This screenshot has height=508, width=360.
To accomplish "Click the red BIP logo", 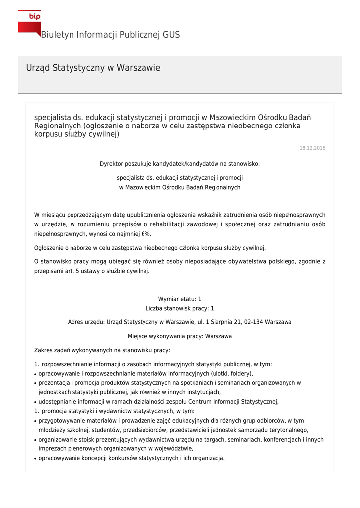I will point(29,22).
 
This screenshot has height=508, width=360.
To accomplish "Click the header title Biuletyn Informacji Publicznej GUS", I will point(110,35).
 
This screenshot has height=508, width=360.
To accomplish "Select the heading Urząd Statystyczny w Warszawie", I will point(93,68).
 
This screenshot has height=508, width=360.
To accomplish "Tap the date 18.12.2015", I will point(312,148).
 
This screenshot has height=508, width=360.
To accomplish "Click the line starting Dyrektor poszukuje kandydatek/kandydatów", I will point(180,164).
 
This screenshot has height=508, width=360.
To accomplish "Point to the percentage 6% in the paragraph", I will point(145,234).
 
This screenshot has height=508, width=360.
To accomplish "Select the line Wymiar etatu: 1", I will point(180,299).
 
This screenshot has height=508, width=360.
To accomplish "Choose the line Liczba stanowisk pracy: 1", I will point(180,308).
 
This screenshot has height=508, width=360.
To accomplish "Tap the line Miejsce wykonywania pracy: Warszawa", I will point(180,336).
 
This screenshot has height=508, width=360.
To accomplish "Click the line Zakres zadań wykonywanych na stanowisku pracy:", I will point(102,350).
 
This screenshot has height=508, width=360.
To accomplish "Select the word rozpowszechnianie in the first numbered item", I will point(66,364).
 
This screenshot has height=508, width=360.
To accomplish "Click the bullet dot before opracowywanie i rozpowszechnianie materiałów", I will point(36,374).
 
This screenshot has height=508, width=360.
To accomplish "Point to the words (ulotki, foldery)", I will point(232,374).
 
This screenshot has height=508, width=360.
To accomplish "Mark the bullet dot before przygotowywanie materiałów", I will point(36,421).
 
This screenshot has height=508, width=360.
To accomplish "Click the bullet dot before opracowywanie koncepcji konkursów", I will point(36,459).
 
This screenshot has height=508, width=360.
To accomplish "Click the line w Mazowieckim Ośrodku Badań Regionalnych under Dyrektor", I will point(180,187).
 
